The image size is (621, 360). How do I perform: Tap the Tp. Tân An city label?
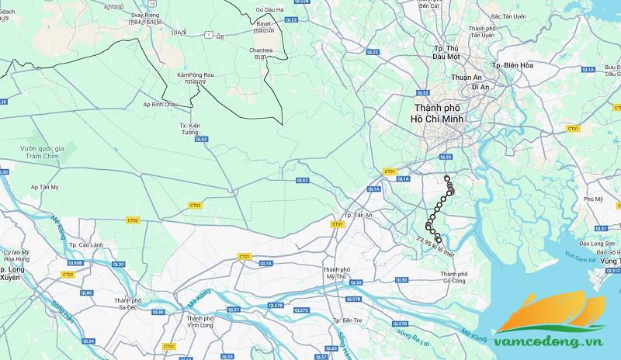(x=358, y=215)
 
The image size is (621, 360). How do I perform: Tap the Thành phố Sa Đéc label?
(x=131, y=303)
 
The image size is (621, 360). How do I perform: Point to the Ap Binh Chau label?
(x=161, y=103)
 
